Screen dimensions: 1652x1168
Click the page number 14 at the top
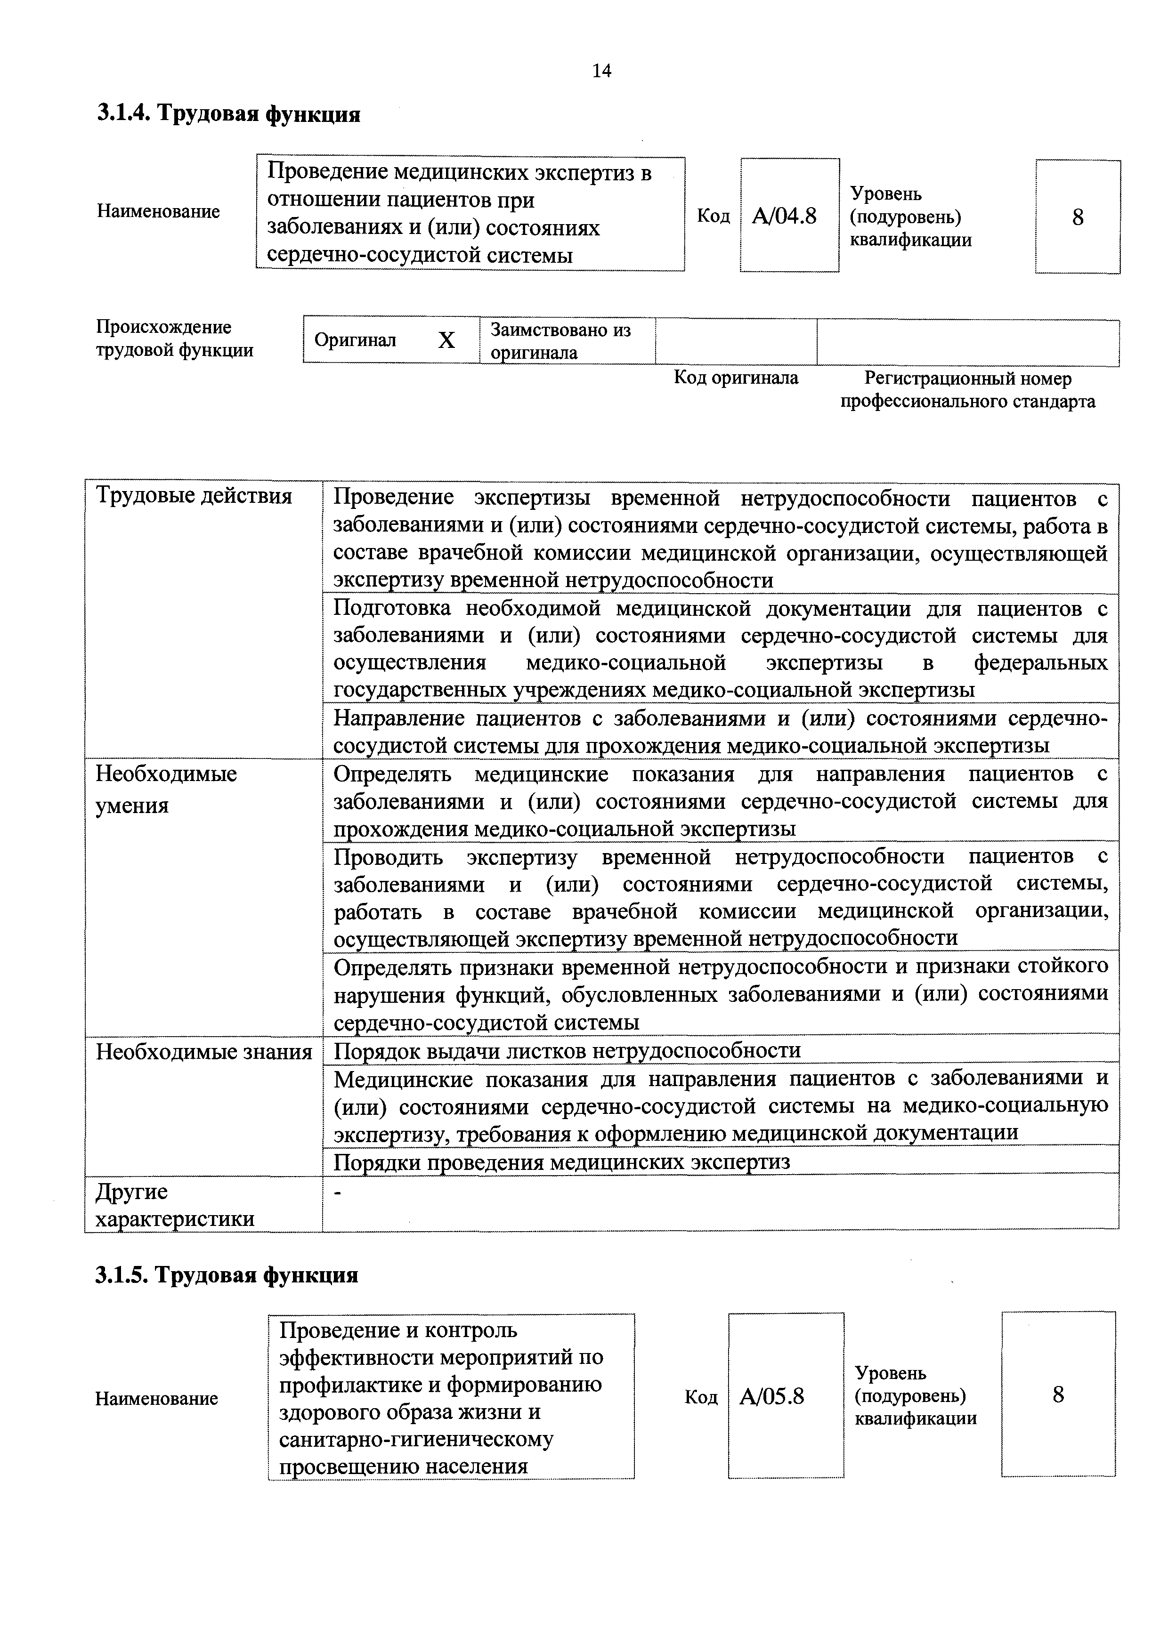click(601, 71)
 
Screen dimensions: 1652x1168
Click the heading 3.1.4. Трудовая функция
click(228, 113)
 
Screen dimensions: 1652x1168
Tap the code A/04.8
click(785, 216)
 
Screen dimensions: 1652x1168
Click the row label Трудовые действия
click(195, 497)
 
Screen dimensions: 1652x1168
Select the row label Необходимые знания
click(203, 1052)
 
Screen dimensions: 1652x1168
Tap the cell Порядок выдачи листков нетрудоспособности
click(567, 1050)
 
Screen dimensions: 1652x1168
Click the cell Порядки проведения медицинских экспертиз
click(561, 1162)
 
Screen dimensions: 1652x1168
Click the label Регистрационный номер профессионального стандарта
click(968, 390)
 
